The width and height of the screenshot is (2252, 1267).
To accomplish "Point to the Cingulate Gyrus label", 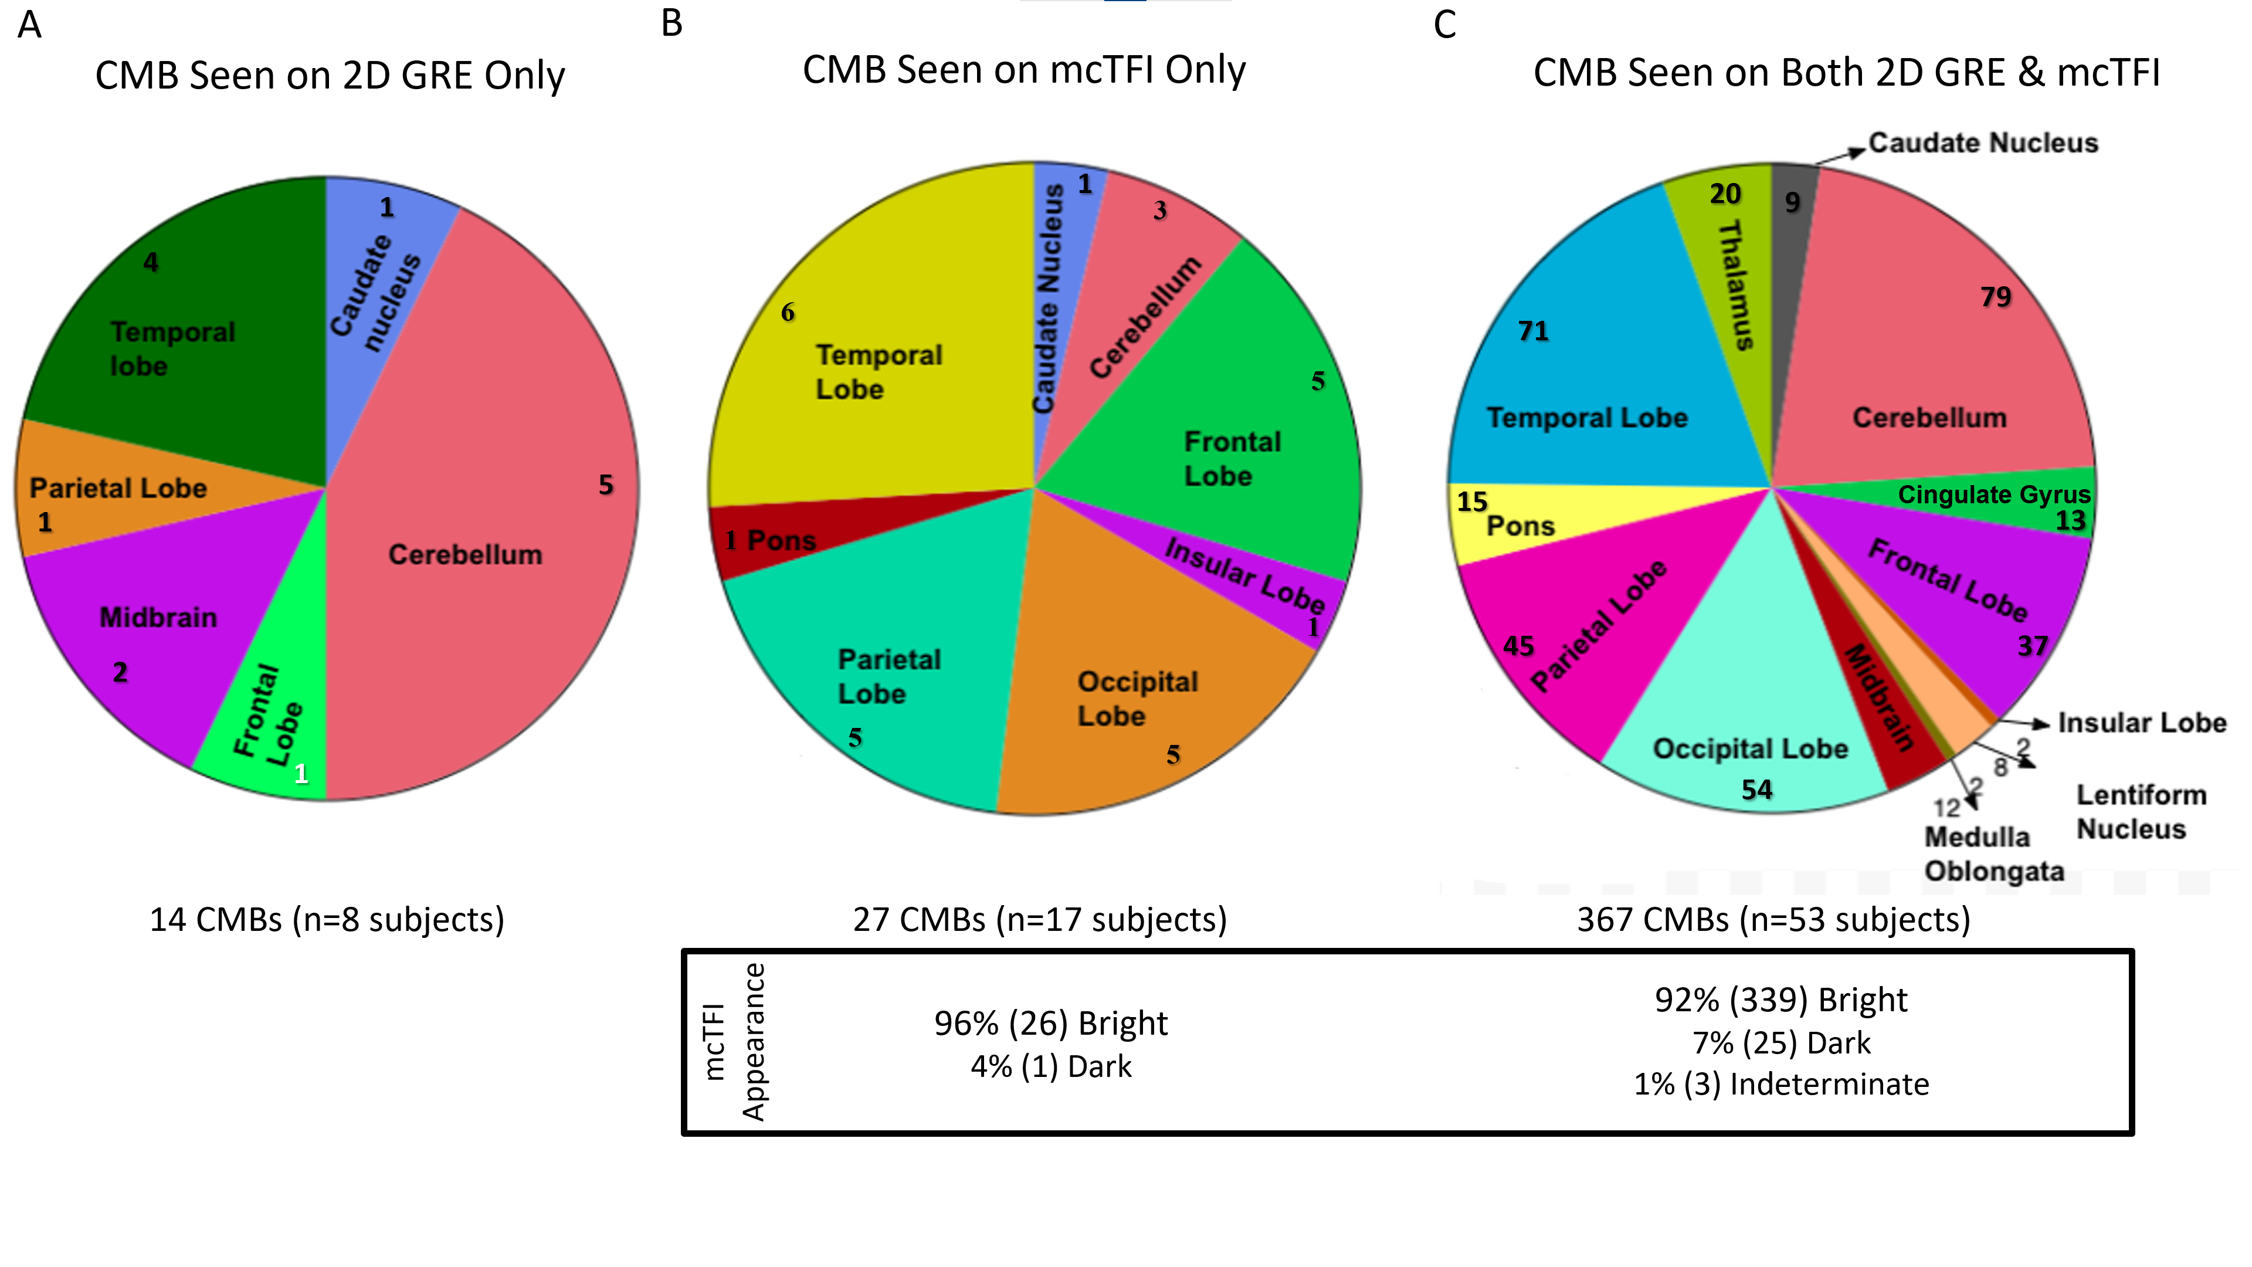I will [x=1993, y=495].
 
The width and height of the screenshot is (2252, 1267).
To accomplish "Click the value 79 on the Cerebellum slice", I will [x=1996, y=297].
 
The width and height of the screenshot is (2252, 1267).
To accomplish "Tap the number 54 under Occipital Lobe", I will [x=1756, y=790].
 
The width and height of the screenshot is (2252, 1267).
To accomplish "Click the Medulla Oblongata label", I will [x=1993, y=853].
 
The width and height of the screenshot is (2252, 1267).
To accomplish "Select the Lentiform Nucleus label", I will [x=2140, y=811].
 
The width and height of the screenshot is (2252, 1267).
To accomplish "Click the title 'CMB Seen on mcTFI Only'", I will [x=1024, y=70].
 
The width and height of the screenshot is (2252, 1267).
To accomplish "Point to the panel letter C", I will [x=1444, y=25].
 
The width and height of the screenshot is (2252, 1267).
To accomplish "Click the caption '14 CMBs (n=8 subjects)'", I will [x=327, y=920].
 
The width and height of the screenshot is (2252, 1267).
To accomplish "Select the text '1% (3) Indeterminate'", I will [x=1781, y=1084].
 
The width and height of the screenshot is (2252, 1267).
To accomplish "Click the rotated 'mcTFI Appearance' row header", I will [x=734, y=1041].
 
